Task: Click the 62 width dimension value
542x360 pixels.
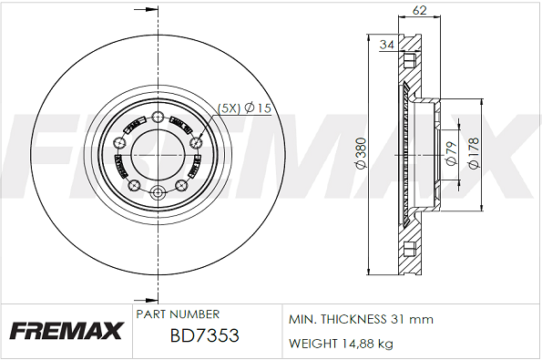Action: point(419,10)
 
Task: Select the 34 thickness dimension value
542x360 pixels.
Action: point(387,45)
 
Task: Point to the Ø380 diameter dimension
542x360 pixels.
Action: point(361,153)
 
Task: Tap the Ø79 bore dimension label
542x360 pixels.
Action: point(451,154)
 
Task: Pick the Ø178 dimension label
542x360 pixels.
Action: point(474,153)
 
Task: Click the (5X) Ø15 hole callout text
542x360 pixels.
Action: point(244,108)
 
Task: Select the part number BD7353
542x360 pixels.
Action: point(205,335)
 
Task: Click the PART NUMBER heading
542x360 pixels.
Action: point(178,314)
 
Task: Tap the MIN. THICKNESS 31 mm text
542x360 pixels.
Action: point(361,319)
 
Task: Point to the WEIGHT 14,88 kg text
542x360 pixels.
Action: point(341,344)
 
